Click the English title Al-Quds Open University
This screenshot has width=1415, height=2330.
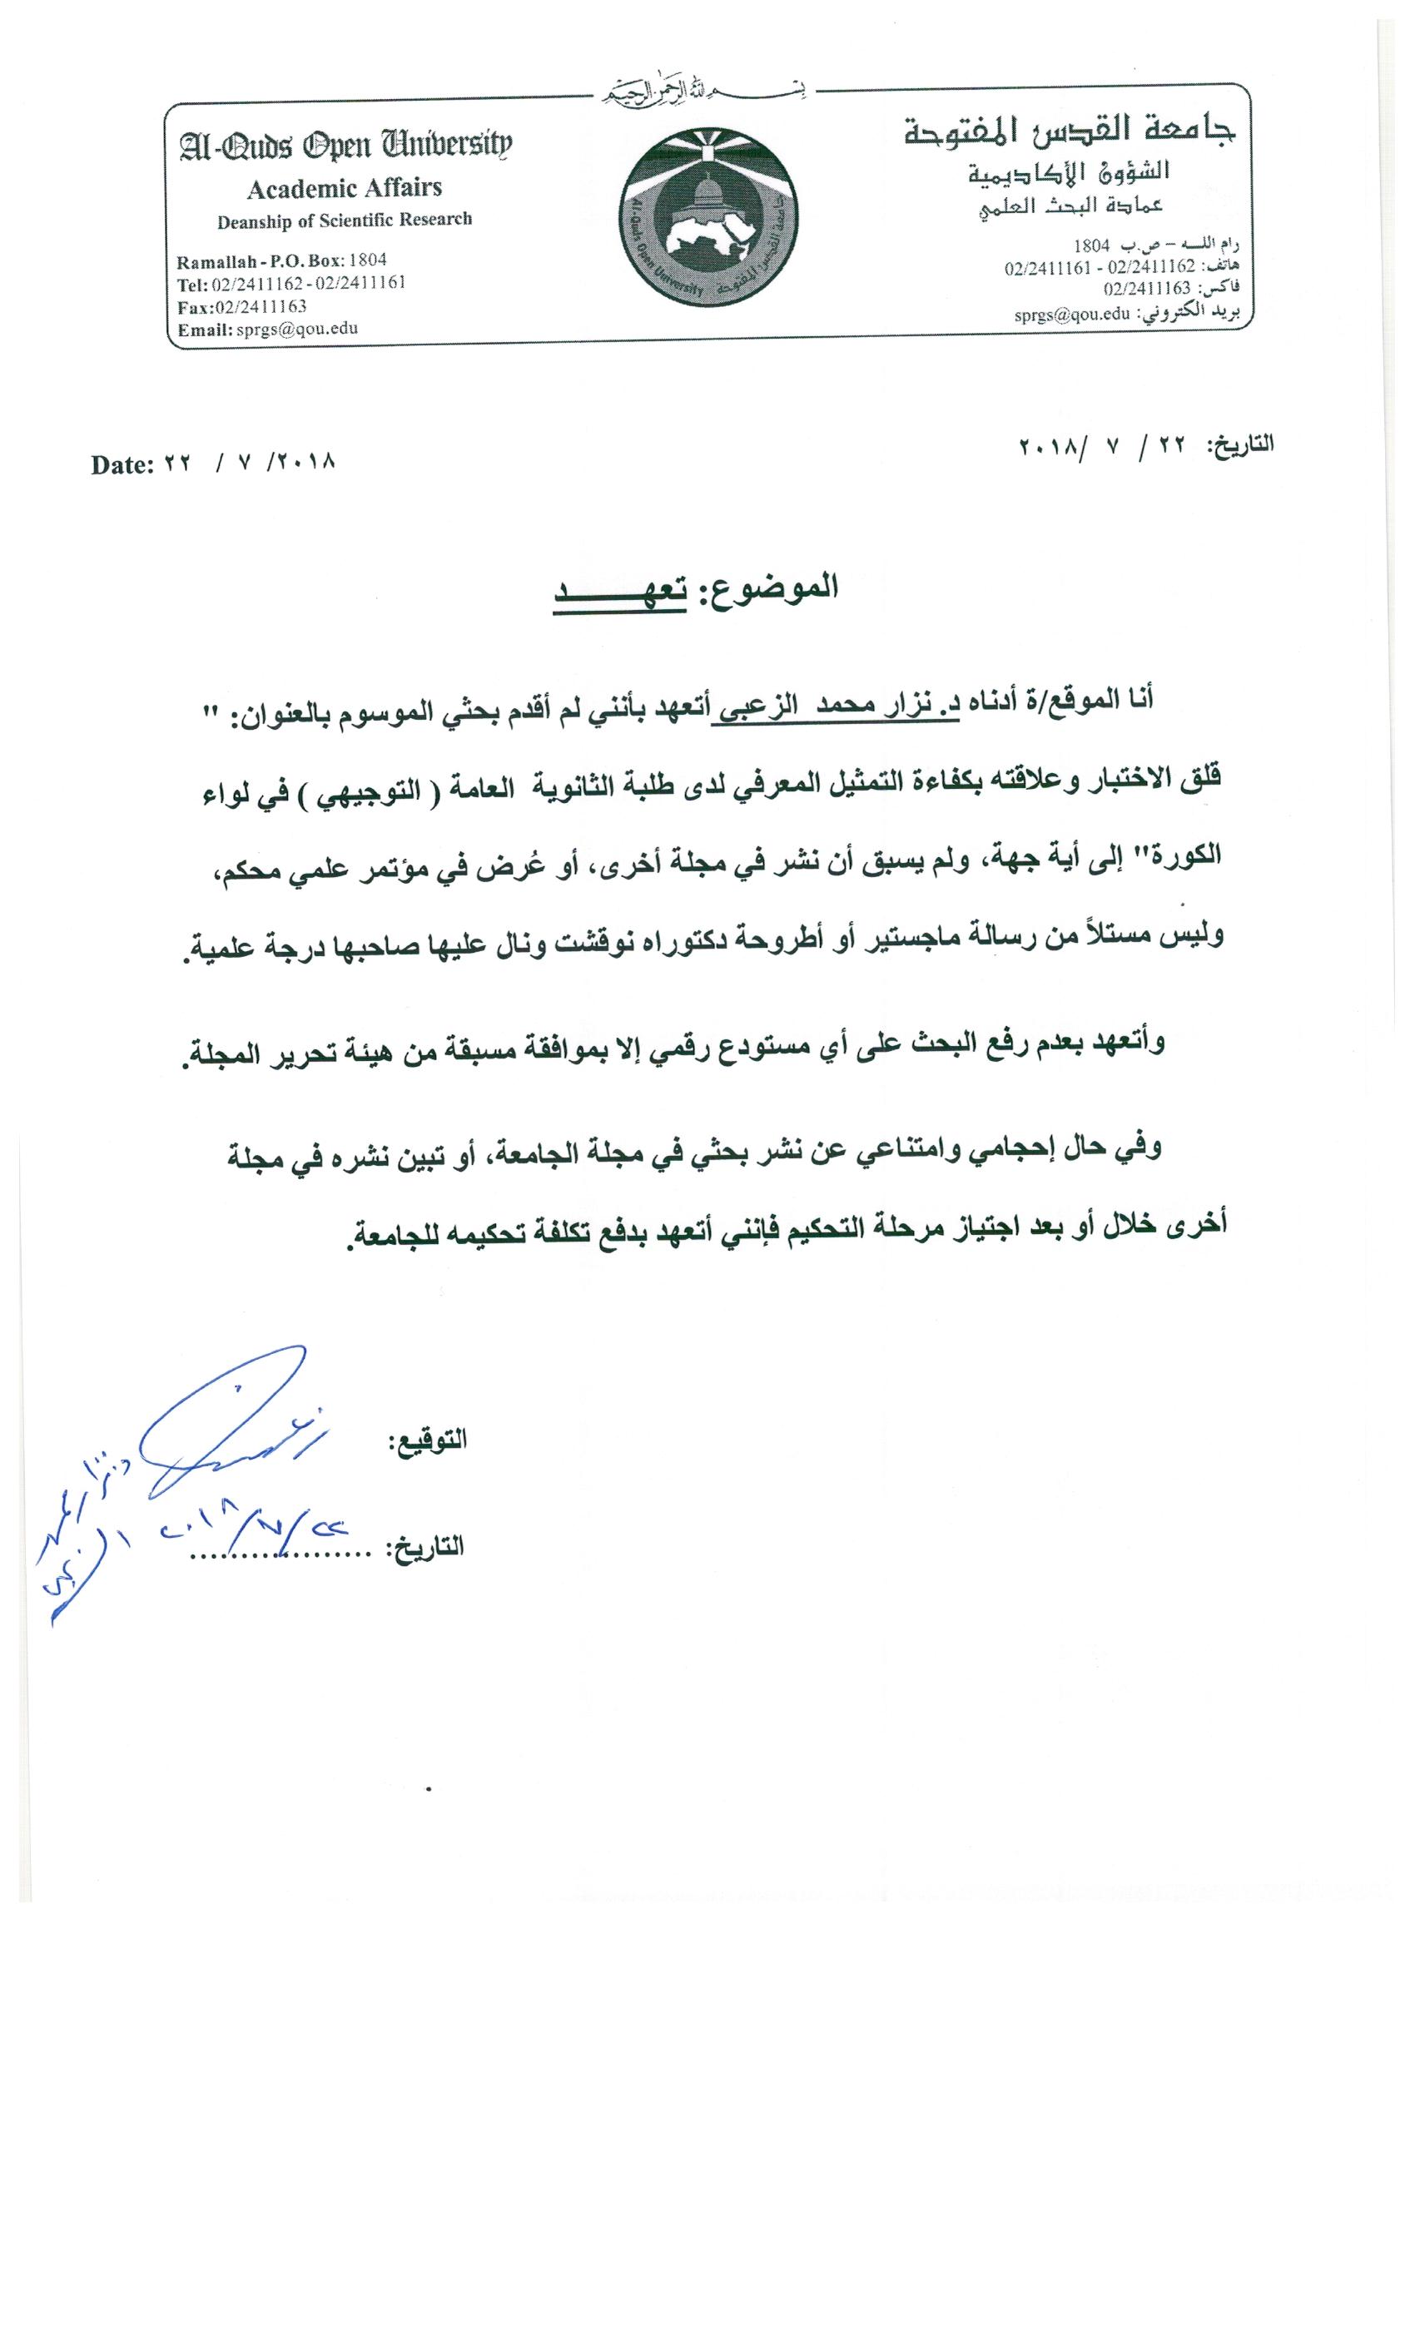click(x=345, y=146)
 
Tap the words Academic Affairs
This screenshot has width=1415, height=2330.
click(x=345, y=188)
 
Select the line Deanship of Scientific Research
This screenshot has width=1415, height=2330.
click(x=345, y=221)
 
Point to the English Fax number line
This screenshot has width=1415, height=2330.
click(x=242, y=306)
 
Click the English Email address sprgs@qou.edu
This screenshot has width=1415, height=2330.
click(x=269, y=329)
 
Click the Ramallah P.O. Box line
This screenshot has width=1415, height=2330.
click(x=282, y=260)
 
